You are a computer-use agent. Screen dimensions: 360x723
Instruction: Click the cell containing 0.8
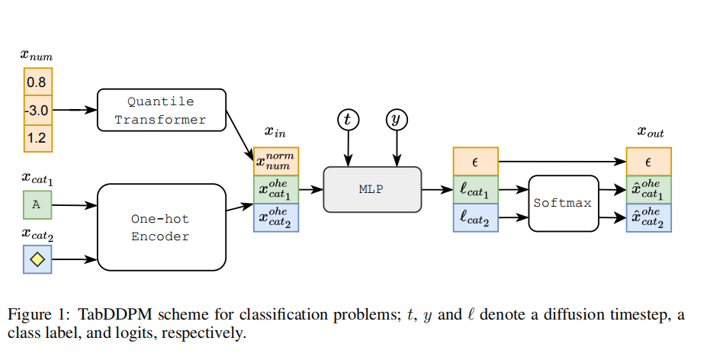tap(37, 81)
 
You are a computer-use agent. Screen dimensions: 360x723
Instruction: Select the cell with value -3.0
tap(37, 110)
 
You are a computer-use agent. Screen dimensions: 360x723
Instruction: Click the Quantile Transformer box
tap(161, 111)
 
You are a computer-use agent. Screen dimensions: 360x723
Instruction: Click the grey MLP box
tap(372, 190)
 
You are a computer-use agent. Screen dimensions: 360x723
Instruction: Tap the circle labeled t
tap(349, 119)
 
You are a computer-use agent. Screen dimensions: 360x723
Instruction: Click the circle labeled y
tap(396, 119)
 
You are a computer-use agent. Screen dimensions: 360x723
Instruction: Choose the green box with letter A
tap(37, 204)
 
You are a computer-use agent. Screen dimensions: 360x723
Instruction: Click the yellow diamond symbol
tap(37, 260)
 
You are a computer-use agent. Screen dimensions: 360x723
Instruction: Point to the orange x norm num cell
tap(276, 162)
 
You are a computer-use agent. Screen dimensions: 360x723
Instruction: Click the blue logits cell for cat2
tap(475, 218)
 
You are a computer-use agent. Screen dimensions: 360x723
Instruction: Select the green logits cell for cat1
tap(475, 190)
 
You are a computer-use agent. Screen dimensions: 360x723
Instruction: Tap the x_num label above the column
tap(37, 55)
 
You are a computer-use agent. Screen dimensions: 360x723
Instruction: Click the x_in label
tap(275, 133)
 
